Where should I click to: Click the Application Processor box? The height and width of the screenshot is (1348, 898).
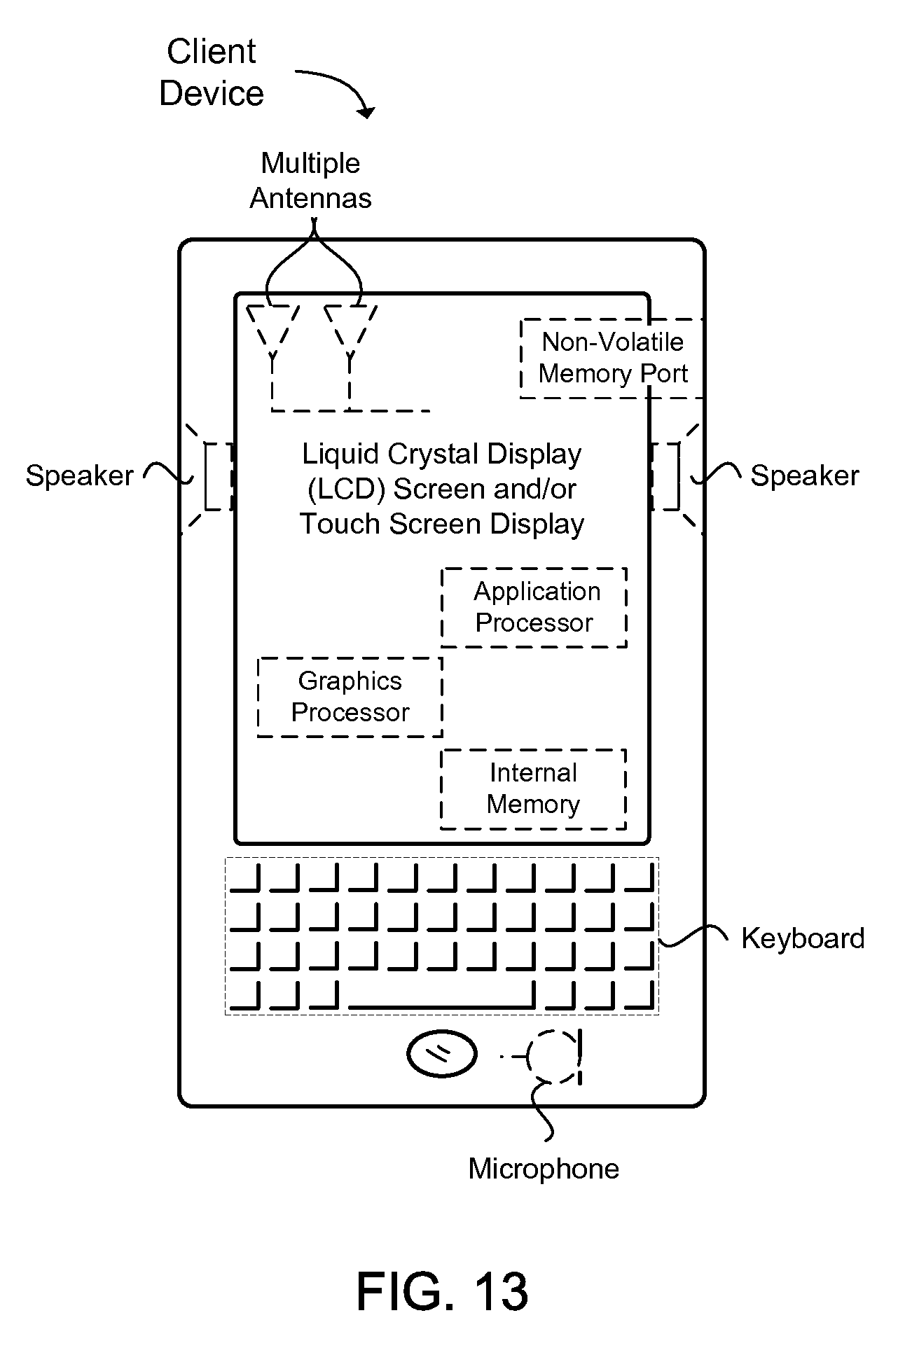click(534, 607)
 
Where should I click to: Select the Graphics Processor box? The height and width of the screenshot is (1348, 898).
click(350, 697)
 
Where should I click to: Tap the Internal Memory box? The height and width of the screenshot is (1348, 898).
click(533, 789)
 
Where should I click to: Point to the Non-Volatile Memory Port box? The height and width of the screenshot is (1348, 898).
click(612, 358)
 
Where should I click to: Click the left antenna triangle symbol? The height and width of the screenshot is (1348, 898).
click(272, 326)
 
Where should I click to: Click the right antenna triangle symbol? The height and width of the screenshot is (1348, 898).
click(350, 326)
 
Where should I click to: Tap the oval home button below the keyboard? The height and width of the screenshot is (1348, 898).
click(442, 1052)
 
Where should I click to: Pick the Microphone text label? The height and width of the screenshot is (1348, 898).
click(544, 1169)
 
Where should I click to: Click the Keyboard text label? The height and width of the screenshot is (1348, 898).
click(803, 938)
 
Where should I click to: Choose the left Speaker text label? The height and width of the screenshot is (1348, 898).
click(79, 475)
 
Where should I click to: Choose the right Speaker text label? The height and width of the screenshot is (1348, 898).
click(804, 475)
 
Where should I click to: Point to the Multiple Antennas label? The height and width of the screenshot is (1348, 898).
click(310, 181)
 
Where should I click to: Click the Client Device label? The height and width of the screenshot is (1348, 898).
click(212, 73)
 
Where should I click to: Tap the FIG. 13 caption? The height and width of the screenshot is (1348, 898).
click(442, 1291)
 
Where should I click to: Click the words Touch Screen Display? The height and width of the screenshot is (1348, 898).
click(442, 524)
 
